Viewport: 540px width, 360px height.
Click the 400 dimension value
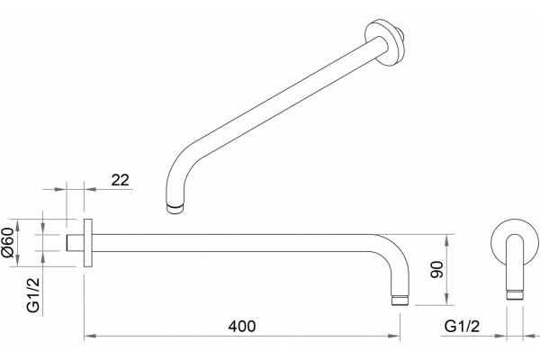tap(242, 326)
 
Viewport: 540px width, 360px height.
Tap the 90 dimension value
tap(436, 269)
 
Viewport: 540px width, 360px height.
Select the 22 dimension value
tap(121, 180)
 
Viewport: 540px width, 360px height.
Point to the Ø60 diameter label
tap(7, 242)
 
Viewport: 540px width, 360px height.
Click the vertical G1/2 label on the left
tap(33, 295)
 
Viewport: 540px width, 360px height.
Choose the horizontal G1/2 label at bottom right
tap(462, 326)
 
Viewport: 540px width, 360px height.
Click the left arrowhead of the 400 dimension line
tap(90, 336)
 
